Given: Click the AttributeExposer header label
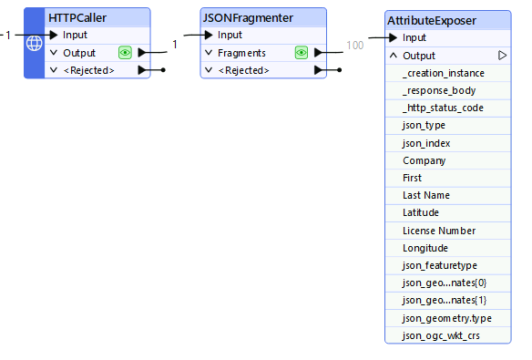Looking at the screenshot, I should [x=431, y=20].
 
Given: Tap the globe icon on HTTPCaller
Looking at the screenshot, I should [x=34, y=44].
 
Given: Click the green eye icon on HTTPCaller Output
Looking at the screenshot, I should [x=125, y=53].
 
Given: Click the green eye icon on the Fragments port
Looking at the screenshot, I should [x=302, y=53].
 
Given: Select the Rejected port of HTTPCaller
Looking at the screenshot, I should [x=88, y=70].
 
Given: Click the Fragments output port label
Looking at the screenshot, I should [x=241, y=53].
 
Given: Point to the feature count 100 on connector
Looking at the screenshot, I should [x=355, y=44].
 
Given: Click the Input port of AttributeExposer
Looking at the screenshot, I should [x=414, y=37].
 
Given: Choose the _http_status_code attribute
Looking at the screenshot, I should [x=443, y=108].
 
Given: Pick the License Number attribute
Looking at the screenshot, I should [x=439, y=231].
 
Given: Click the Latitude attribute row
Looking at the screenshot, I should [x=421, y=213].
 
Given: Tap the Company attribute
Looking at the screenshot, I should [x=425, y=160].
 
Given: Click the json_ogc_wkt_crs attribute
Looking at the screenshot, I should [x=441, y=336].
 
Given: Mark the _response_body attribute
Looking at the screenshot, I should [x=438, y=90].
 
